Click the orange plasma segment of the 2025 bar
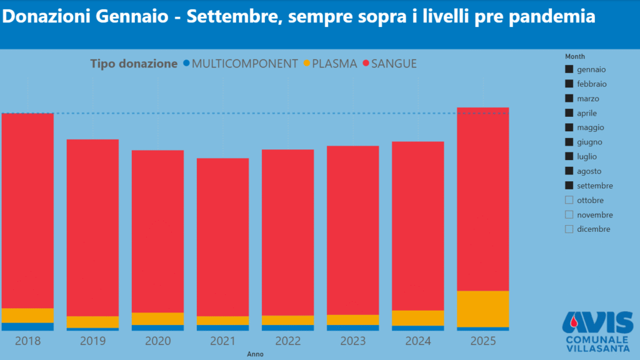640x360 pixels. [482, 309]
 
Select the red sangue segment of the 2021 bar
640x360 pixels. [222, 237]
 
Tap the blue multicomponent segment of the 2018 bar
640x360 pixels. [27, 326]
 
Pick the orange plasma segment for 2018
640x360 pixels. [27, 315]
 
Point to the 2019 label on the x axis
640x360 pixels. [92, 341]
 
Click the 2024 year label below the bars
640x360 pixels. [417, 341]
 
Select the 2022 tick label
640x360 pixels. [287, 341]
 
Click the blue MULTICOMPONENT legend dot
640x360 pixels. [186, 64]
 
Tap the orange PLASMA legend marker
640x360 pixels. [306, 64]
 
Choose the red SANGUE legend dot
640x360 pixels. [366, 64]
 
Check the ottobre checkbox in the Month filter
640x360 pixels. [569, 200]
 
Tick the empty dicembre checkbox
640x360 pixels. [569, 229]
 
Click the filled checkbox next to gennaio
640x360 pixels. [569, 69]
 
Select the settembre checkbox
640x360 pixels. [569, 186]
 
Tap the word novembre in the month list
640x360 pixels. [594, 215]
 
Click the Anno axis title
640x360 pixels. [255, 354]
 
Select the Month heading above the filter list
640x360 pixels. [574, 56]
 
